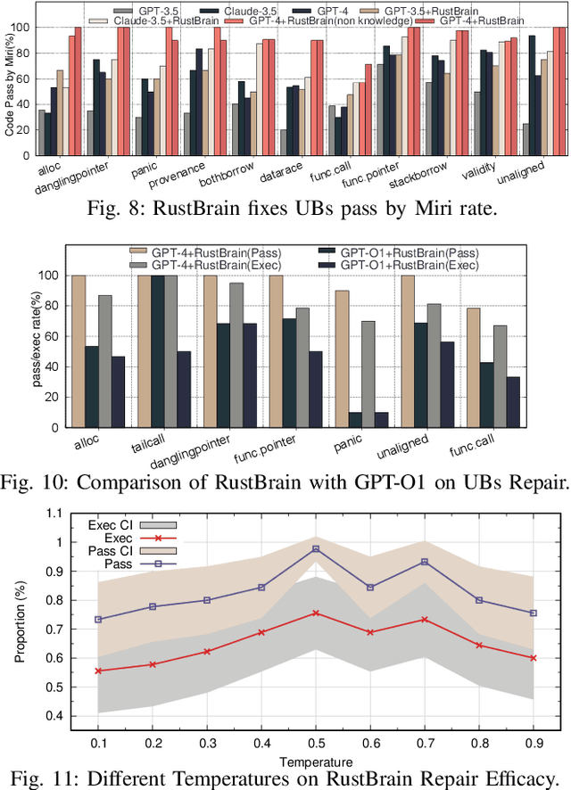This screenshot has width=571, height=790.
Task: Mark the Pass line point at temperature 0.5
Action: click(316, 549)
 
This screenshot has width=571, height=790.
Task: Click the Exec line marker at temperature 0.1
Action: click(97, 671)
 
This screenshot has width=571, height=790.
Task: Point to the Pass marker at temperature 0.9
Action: click(534, 613)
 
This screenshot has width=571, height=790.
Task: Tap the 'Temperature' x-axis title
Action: click(315, 761)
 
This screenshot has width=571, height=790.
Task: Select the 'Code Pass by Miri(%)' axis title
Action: click(12, 80)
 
